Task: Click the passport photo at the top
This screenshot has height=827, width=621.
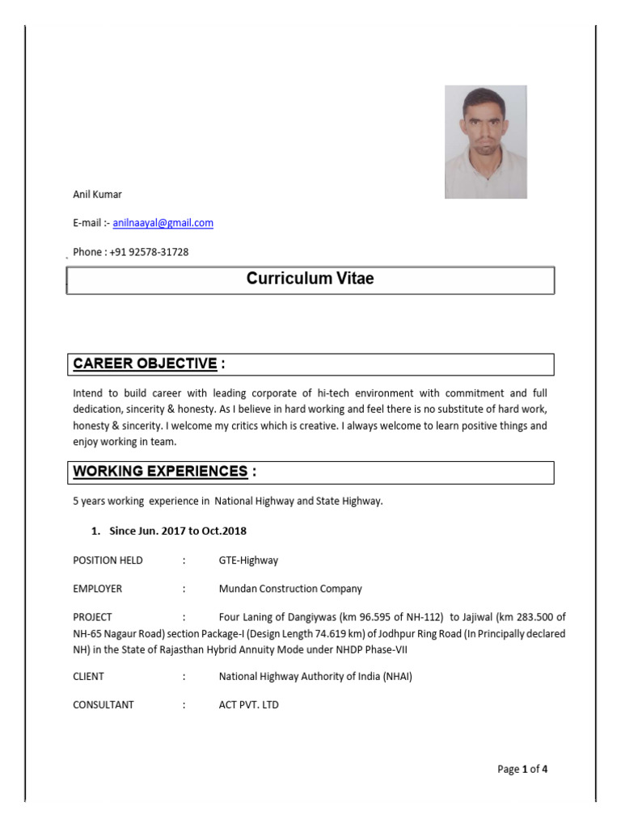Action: [x=485, y=142]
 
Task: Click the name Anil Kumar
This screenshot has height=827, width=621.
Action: [x=97, y=195]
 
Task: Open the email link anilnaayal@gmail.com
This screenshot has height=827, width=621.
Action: [x=163, y=223]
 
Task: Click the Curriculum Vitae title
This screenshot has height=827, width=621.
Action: [x=310, y=279]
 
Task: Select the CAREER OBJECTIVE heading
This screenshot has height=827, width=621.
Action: [x=145, y=364]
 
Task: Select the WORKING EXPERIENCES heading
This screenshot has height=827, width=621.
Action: [x=160, y=472]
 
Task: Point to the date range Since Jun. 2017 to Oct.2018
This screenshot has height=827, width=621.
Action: [x=178, y=531]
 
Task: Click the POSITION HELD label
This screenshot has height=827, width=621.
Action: [x=108, y=560]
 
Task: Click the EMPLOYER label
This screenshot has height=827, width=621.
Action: [x=97, y=589]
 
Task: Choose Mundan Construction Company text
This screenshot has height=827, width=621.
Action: [x=290, y=589]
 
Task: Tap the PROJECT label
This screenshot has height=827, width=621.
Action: [x=92, y=618]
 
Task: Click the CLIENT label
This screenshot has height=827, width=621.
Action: [x=88, y=676]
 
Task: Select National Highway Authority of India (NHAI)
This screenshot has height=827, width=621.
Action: [x=315, y=676]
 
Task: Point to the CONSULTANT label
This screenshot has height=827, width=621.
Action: [x=103, y=705]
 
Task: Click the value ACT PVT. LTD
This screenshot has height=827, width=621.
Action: [x=248, y=705]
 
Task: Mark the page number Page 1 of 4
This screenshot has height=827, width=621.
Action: [x=522, y=769]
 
